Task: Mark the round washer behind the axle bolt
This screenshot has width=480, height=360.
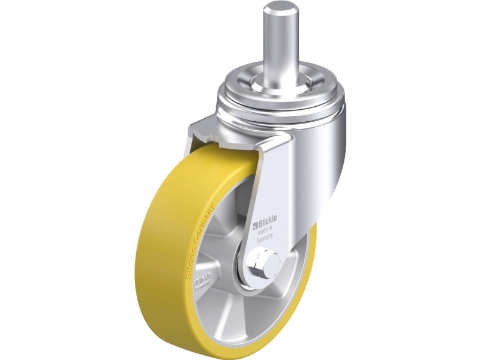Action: (x=252, y=273)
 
